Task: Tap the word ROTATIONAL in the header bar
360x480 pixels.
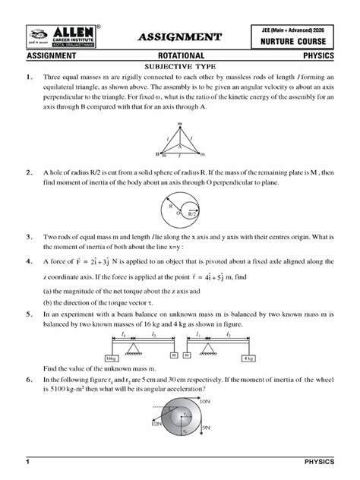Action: [x=180, y=56]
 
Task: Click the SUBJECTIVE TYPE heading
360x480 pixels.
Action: [x=180, y=67]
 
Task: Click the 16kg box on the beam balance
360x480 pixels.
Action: [x=112, y=357]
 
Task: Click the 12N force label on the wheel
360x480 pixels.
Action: [x=155, y=425]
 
